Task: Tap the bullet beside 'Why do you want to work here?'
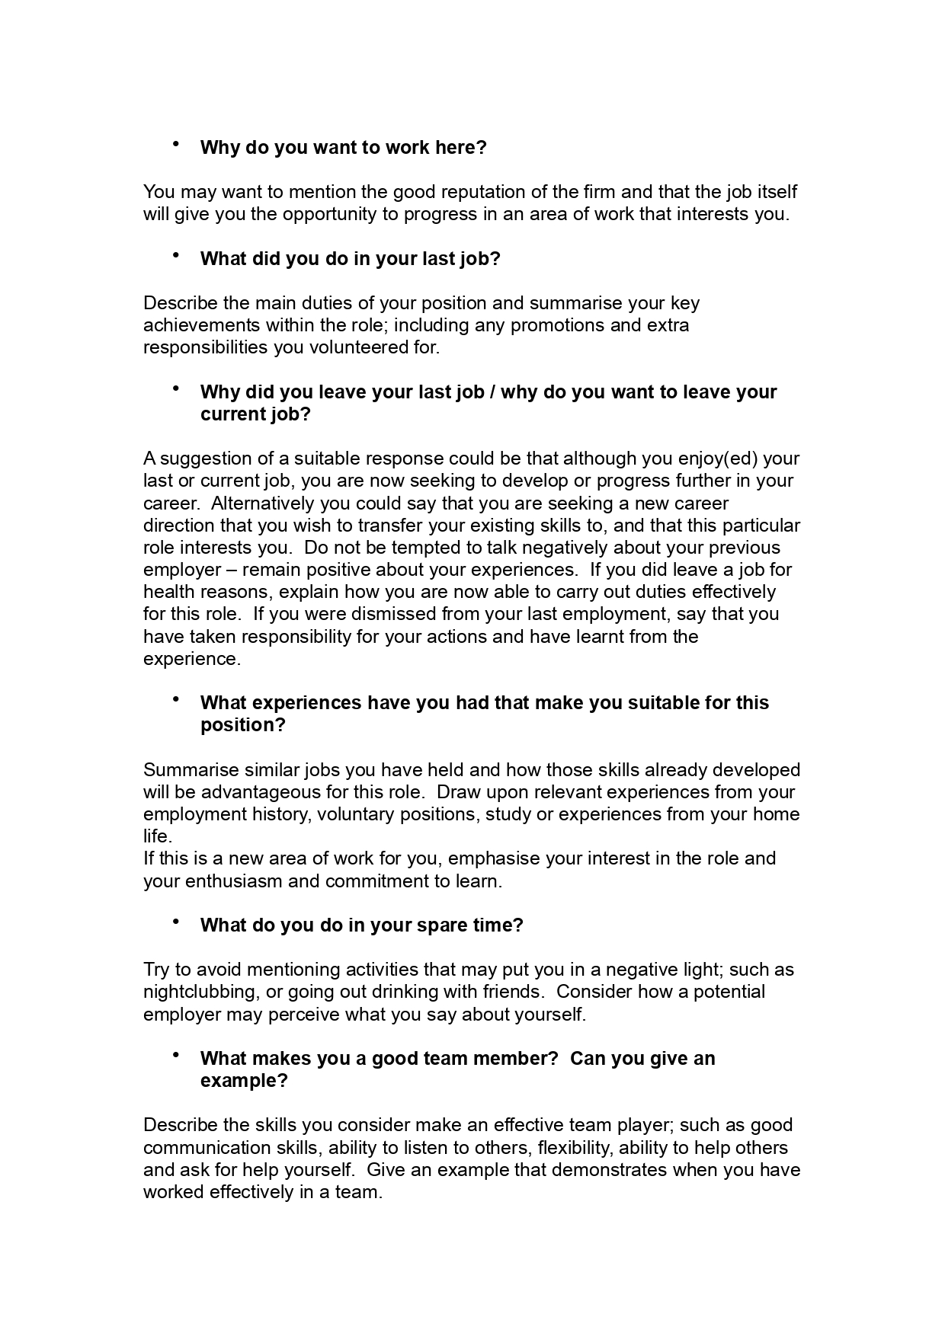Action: tap(176, 143)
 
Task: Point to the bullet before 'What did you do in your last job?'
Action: tap(176, 254)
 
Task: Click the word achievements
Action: tap(202, 325)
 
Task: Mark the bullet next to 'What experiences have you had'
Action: tap(176, 698)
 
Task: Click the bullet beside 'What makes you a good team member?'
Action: tap(176, 1055)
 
